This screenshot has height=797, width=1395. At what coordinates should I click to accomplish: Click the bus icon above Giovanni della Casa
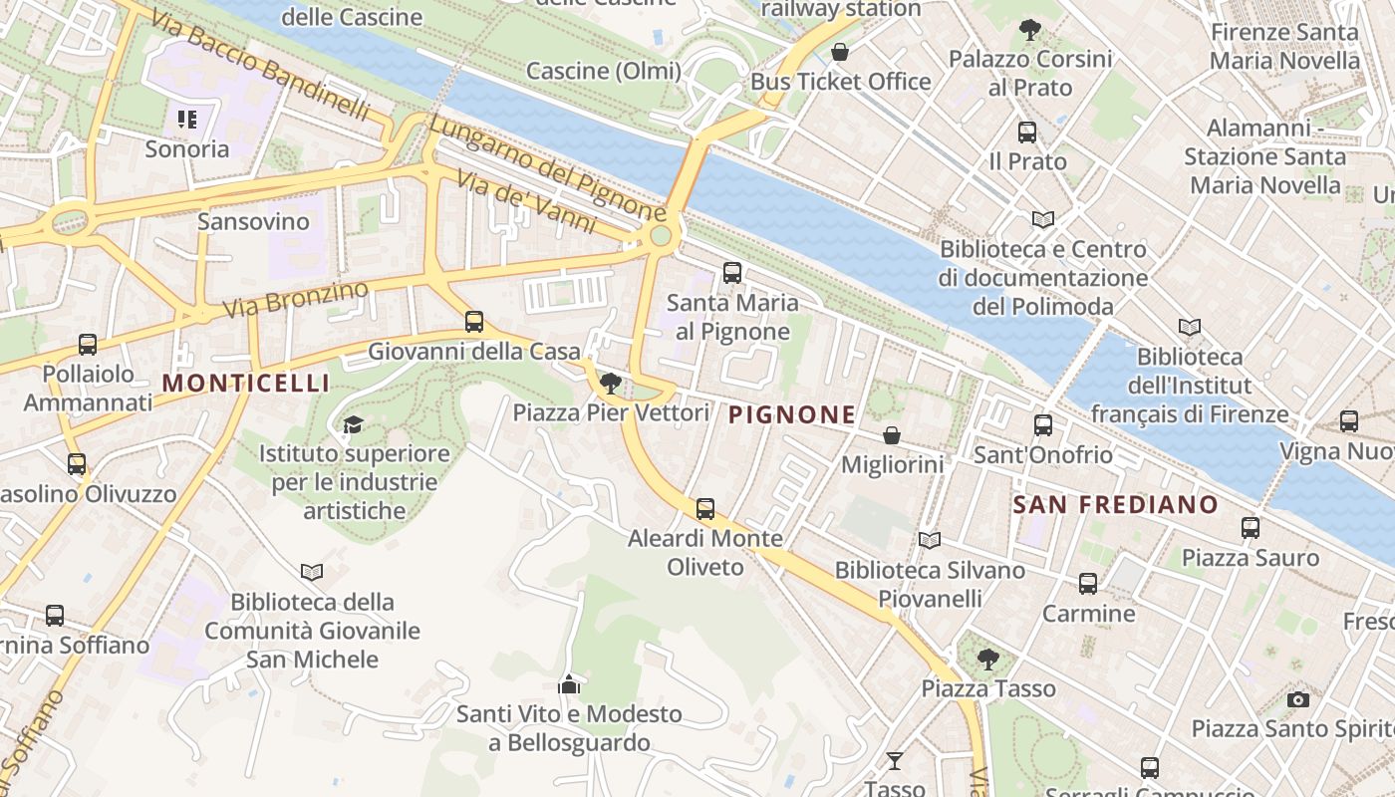pos(474,322)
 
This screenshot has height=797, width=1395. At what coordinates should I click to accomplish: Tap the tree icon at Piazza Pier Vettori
pos(611,384)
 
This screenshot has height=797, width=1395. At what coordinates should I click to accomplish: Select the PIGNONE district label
pos(792,414)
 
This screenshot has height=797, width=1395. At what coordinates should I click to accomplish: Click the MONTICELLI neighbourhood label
pos(245,383)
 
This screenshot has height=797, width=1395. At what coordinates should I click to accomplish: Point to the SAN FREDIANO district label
pos(1115,504)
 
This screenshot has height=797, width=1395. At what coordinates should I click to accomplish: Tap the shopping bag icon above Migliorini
pos(892,436)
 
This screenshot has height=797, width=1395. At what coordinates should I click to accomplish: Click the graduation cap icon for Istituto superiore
pos(353,425)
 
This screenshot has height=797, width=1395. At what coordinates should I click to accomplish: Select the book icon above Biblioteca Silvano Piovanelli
pos(929,541)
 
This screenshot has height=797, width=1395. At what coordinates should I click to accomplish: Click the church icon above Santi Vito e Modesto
pos(569,684)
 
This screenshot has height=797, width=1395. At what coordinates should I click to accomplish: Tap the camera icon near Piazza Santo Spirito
pos(1297,700)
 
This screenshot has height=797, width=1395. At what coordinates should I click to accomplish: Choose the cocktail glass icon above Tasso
pos(895,760)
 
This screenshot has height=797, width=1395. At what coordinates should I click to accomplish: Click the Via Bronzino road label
pos(296,298)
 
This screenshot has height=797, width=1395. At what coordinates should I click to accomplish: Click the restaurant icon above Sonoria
pos(187,120)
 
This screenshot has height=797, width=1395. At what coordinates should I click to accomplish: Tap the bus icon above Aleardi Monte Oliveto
pos(705,509)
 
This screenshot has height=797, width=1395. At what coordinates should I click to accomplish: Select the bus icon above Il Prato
pos(1027,132)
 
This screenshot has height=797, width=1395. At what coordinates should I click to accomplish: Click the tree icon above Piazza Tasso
pos(987,659)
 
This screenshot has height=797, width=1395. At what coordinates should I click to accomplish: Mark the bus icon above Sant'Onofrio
pos(1043,425)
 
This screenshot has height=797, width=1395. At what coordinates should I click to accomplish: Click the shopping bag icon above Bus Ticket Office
pos(840,52)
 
